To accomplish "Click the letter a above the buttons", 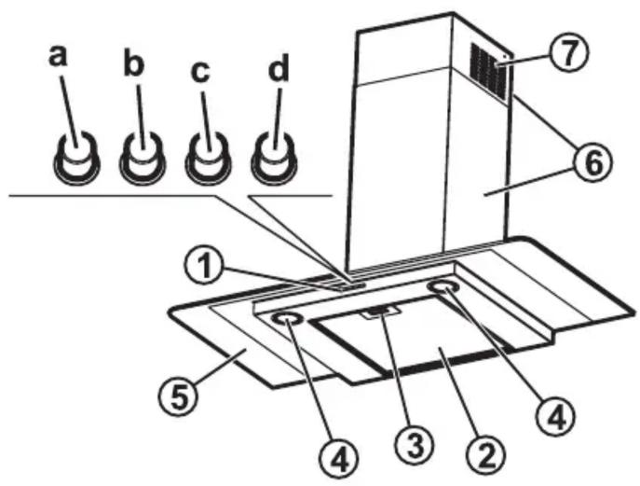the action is click(57, 56).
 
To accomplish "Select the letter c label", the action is click(200, 73).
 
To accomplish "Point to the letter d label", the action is click(279, 66).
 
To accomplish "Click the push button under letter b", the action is click(142, 158).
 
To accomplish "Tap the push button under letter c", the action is click(208, 158).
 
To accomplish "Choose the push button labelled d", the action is click(274, 158).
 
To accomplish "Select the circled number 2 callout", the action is click(486, 456).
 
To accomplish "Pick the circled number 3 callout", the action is click(415, 446).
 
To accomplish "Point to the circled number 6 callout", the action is click(593, 163).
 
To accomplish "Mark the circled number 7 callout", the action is click(568, 53).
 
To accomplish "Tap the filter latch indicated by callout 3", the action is click(380, 312).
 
